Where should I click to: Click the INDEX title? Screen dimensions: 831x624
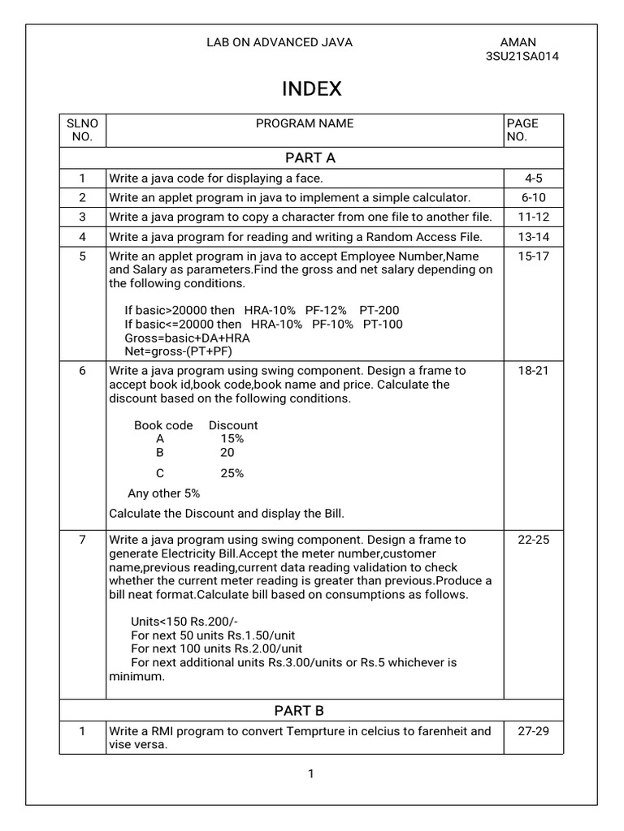(312, 89)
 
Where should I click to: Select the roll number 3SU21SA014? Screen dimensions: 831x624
(522, 57)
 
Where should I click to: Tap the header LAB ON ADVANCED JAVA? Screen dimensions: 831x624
(280, 42)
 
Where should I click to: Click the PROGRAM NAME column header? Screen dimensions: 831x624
(305, 123)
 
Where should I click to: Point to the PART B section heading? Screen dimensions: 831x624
(299, 711)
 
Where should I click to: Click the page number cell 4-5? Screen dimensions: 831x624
(533, 178)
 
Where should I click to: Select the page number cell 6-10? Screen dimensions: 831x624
(533, 197)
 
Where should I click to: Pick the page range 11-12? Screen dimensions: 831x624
(533, 217)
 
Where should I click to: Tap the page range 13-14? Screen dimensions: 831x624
(533, 236)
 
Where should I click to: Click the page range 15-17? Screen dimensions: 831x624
(533, 256)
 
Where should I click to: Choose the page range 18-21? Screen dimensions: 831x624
(533, 370)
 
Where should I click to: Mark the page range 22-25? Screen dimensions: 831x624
(533, 540)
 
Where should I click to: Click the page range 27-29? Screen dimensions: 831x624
(533, 730)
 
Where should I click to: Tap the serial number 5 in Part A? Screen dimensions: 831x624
(82, 256)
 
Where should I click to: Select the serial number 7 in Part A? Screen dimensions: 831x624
(82, 540)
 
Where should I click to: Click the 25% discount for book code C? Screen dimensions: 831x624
(232, 473)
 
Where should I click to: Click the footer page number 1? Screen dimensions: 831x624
(310, 773)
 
